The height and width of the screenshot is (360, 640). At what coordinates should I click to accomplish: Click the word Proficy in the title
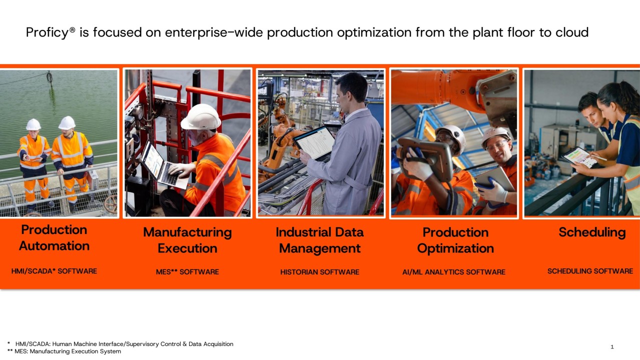coord(47,33)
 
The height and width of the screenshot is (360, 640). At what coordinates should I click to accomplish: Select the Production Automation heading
coord(54,238)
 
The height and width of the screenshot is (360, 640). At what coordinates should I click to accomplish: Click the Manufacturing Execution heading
coord(188,240)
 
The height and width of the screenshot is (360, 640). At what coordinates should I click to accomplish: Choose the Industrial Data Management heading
coord(320,240)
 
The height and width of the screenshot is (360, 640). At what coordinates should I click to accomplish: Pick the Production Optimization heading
coord(455,240)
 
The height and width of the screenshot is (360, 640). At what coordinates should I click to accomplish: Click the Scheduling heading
coord(592,232)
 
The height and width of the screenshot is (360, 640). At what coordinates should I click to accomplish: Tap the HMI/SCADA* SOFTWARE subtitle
coord(54,271)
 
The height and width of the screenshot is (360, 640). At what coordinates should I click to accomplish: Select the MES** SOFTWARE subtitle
coord(188,272)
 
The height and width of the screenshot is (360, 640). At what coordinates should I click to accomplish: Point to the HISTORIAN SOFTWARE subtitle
coord(320,272)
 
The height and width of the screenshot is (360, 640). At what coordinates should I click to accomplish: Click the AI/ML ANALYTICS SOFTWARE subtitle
coord(454,272)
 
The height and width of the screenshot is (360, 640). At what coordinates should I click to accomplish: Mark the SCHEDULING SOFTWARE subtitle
coord(590,271)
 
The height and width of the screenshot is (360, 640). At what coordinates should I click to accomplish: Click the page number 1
coord(612,347)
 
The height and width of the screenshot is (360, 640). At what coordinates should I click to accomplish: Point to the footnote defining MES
coord(64,351)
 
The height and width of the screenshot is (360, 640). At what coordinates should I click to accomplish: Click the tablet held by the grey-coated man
coord(314,142)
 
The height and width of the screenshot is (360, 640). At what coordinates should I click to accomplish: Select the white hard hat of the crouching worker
coord(201,117)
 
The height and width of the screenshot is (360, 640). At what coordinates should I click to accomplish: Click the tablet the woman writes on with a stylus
coord(580,157)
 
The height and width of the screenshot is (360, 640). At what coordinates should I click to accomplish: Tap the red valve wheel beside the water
coord(111,203)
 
